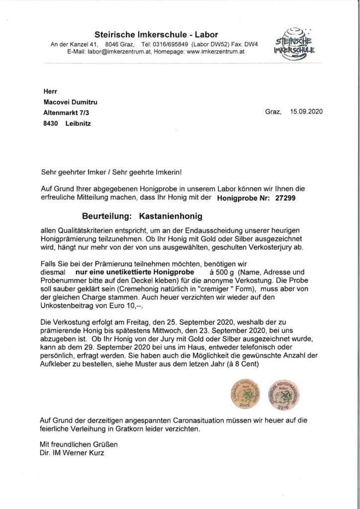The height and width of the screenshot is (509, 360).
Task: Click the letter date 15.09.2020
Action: [306, 111]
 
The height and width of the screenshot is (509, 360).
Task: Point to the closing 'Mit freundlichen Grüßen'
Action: [79, 443]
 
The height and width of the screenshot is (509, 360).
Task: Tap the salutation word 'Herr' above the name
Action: [50, 91]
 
